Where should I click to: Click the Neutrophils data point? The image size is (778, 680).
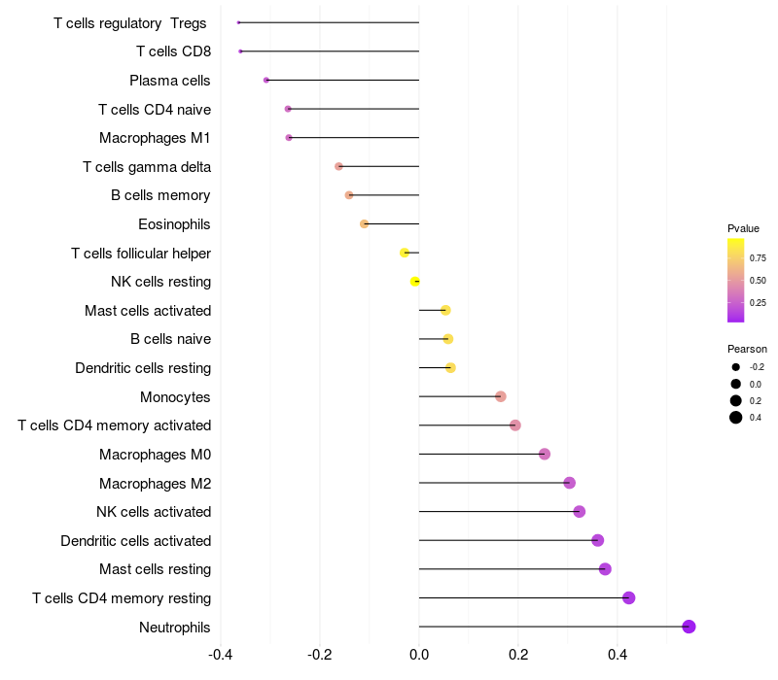[689, 627]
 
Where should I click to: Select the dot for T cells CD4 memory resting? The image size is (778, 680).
[628, 597]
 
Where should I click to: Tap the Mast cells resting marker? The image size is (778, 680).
[605, 569]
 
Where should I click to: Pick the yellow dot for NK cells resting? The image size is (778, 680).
[415, 282]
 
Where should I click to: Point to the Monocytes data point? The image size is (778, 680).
[501, 396]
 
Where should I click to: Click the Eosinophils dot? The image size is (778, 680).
[365, 224]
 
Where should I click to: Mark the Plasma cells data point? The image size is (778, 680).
[266, 80]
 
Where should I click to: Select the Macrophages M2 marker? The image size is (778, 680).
[570, 483]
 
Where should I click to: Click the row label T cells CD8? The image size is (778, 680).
[173, 51]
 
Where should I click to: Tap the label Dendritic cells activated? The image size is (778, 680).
[135, 541]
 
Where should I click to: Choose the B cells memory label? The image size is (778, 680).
[160, 196]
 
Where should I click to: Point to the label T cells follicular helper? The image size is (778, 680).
[141, 254]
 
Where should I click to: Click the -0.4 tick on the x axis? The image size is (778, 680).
[221, 654]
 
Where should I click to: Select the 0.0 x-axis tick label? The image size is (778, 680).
[419, 654]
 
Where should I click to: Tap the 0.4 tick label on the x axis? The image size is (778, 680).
[617, 654]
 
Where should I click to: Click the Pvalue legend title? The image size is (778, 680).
[743, 228]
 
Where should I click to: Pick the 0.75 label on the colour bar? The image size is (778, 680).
[758, 258]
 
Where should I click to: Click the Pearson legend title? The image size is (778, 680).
[747, 349]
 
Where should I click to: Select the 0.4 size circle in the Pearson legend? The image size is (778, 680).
[736, 418]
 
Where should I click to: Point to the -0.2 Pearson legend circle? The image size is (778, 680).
[736, 367]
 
